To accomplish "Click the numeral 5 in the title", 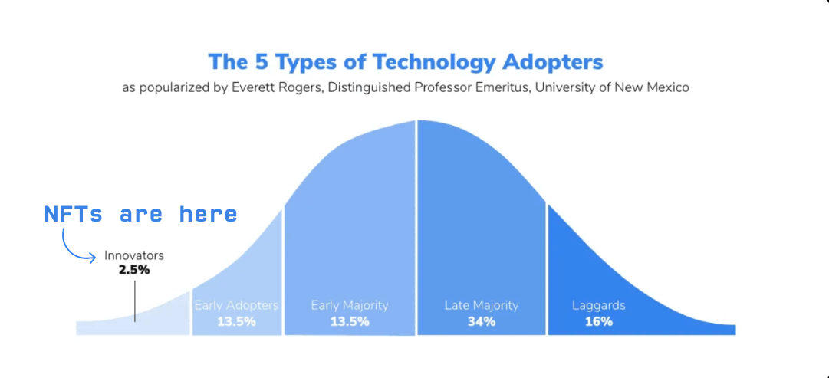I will coord(263,61).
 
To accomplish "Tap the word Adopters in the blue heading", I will coord(554,61).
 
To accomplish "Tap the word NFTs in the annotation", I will coord(73,214).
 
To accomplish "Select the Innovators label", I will coord(134,255).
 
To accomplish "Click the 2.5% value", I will coord(134,270).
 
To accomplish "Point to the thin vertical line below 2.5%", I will coord(135,301).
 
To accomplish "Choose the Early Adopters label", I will coord(236,305).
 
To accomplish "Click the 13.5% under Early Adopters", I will coord(236,321).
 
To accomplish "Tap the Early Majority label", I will coord(350,305).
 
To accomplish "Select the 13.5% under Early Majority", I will coord(350,321).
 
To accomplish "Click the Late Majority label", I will coord(482,305).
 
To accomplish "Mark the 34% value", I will coord(482,321).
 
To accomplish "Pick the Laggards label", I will coord(599,305).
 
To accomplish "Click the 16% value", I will coord(599,321).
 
